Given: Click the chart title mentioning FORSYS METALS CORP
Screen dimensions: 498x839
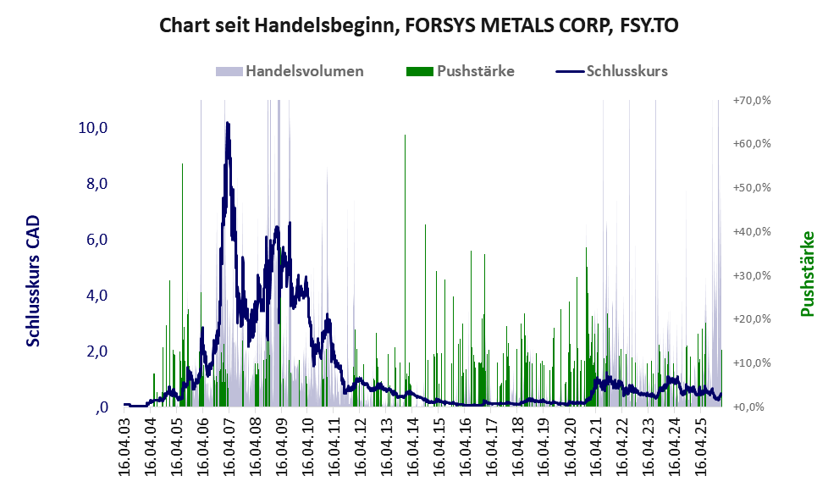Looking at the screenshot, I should (x=419, y=26).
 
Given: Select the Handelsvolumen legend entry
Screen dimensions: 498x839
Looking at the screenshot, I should (x=304, y=71).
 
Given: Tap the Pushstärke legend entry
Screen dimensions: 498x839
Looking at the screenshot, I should (x=475, y=71).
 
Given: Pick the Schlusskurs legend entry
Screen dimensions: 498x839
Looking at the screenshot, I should (x=626, y=71).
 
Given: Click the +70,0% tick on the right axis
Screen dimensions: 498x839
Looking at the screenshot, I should (x=751, y=100).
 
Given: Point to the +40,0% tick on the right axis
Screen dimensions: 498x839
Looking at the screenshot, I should (x=751, y=231).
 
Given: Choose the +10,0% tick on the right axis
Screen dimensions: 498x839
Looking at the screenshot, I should (x=751, y=362).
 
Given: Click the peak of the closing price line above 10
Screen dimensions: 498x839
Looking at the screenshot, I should (x=228, y=124).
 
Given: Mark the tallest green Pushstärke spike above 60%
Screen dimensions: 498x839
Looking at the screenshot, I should (x=406, y=136).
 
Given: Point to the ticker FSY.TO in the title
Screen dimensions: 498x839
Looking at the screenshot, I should (x=647, y=26).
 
